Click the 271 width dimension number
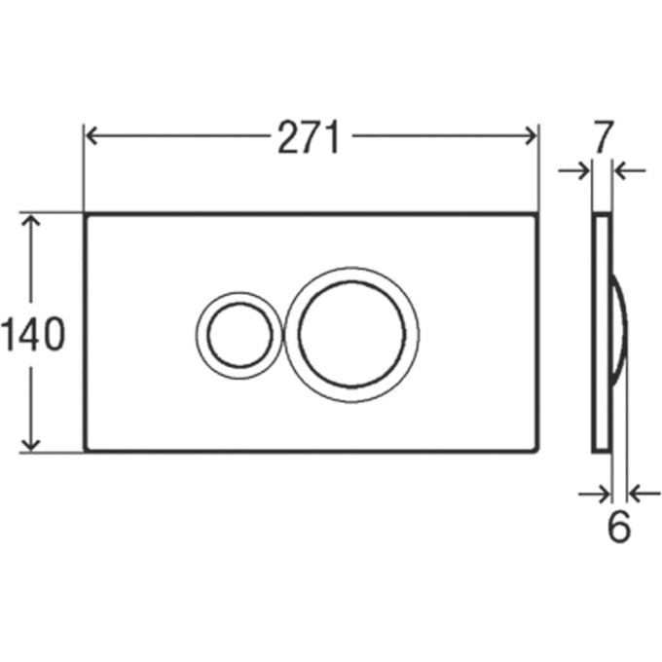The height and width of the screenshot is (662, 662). pyautogui.click(x=309, y=137)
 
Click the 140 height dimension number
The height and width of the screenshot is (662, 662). pyautogui.click(x=33, y=334)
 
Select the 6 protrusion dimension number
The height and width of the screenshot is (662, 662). pyautogui.click(x=619, y=527)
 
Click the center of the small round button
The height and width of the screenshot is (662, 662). pyautogui.click(x=239, y=334)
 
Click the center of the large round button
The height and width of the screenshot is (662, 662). pyautogui.click(x=351, y=334)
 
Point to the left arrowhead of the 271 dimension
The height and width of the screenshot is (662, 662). pyautogui.click(x=92, y=135)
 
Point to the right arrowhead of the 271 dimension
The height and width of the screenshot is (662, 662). pyautogui.click(x=531, y=135)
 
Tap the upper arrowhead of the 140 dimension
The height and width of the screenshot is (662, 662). pyautogui.click(x=30, y=220)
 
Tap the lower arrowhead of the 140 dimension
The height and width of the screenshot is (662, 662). pyautogui.click(x=30, y=444)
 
